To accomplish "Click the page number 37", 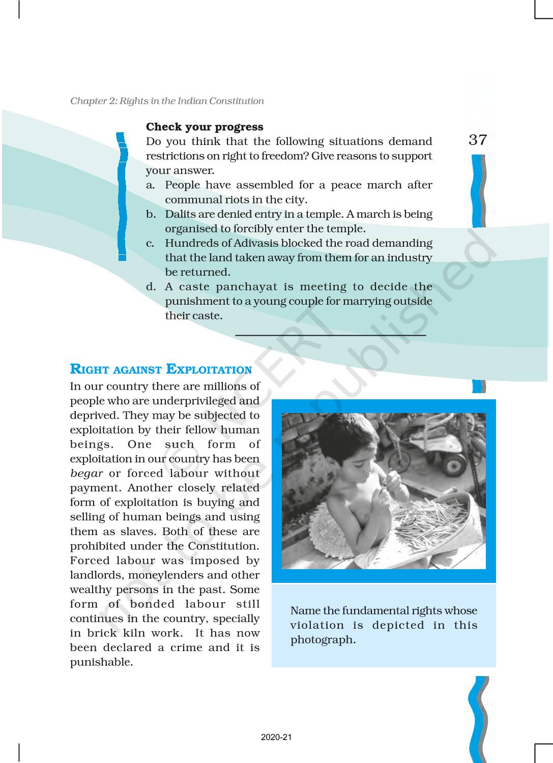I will pyautogui.click(x=478, y=140).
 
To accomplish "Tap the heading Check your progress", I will pyautogui.click(x=205, y=127).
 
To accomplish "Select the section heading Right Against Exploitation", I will pyautogui.click(x=161, y=370).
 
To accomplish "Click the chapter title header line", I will pyautogui.click(x=167, y=101).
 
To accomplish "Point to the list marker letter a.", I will pyautogui.click(x=150, y=185).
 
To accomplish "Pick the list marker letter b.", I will pyautogui.click(x=151, y=214).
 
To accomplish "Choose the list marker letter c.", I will pyautogui.click(x=150, y=244).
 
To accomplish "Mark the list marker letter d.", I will pyautogui.click(x=151, y=287).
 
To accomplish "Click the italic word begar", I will pyautogui.click(x=86, y=474).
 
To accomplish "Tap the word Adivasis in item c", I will pyautogui.click(x=246, y=243).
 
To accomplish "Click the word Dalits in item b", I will pyautogui.click(x=181, y=214).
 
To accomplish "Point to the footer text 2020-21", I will pyautogui.click(x=276, y=738).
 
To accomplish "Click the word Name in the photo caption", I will pyautogui.click(x=306, y=611).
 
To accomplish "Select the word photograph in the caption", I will pyautogui.click(x=322, y=640).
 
